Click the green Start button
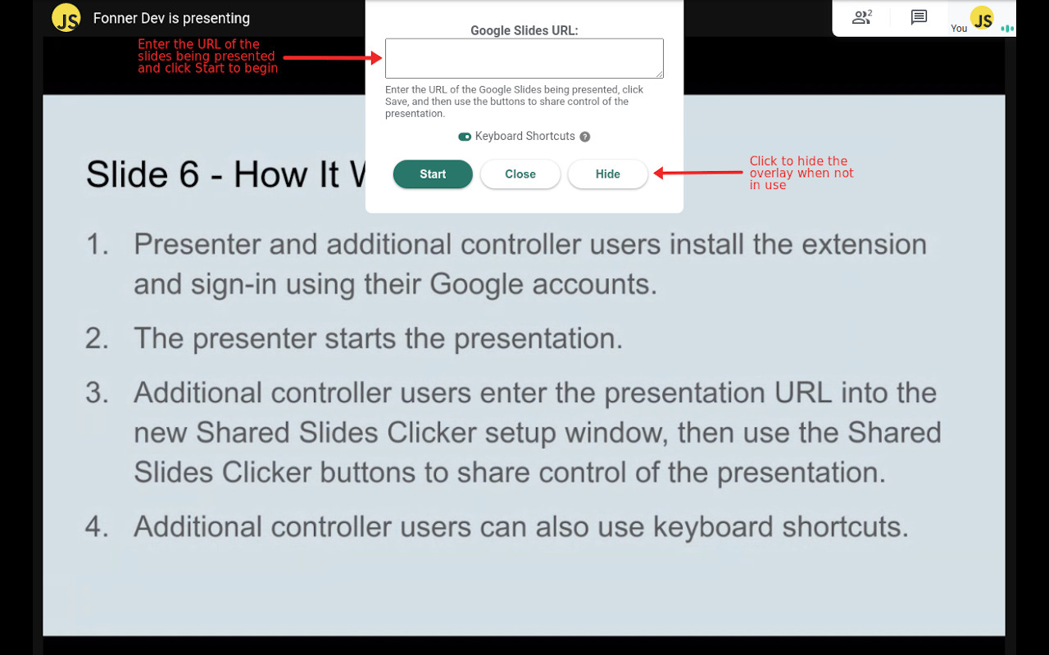tap(433, 174)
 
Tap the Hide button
tap(607, 174)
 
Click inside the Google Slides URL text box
tap(524, 58)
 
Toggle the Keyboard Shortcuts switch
tap(465, 137)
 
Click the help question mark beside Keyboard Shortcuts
tap(584, 137)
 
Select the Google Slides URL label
tap(524, 31)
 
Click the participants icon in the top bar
tap(861, 17)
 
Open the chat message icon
tap(919, 17)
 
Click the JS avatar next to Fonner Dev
tap(66, 18)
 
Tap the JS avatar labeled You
tap(982, 17)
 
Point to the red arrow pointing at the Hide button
tap(697, 173)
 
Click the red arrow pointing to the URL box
tap(333, 57)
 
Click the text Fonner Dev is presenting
tap(171, 18)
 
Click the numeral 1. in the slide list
tap(98, 244)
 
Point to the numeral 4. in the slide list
tap(97, 526)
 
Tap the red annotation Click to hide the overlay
tap(801, 173)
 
